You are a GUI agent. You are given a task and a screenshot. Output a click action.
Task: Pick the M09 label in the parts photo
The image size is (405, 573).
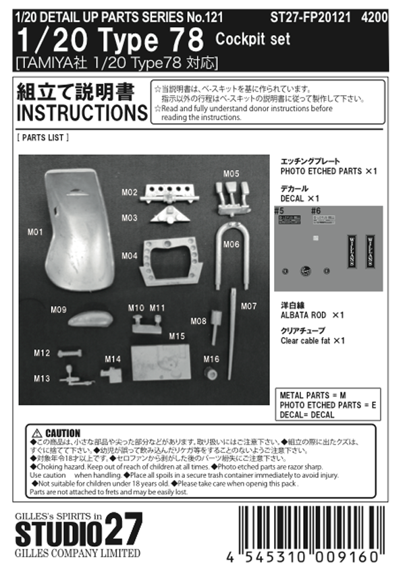point(58,310)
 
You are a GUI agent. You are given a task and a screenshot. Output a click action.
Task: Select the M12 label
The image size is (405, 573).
point(42,353)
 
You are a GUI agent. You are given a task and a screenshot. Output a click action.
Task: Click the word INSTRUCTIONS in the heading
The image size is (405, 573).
point(80,112)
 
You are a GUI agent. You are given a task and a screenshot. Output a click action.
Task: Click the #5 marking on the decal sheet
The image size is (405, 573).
point(279,212)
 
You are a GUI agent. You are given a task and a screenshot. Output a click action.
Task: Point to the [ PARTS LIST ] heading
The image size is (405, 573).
point(42,138)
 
